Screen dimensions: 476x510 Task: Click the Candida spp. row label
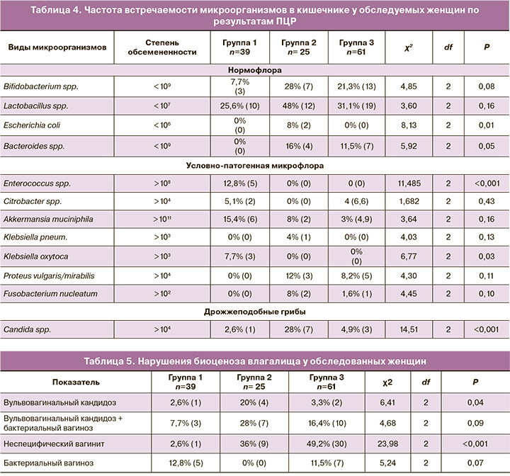click(26, 330)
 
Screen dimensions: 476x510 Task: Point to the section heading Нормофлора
click(255, 71)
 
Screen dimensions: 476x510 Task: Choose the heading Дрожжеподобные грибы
click(255, 312)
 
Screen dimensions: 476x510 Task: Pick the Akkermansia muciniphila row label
click(47, 220)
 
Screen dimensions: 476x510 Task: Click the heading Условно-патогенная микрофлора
click(255, 165)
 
